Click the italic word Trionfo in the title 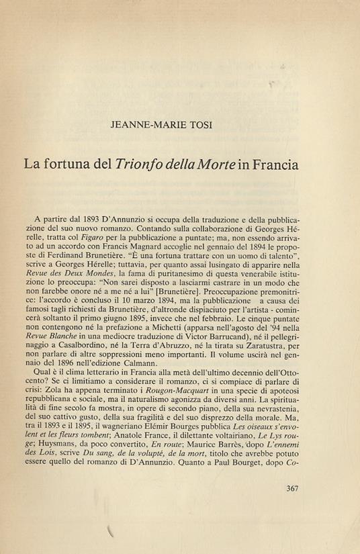pyautogui.click(x=142, y=163)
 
